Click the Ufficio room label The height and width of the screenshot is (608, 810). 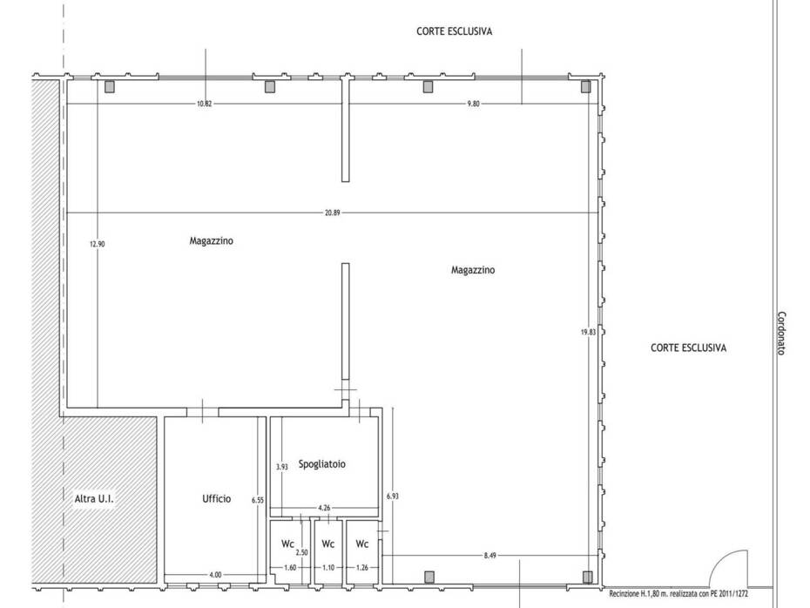(x=217, y=498)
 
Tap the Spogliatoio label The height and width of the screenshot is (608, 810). (x=322, y=464)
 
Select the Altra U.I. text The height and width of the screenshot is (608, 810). (x=94, y=499)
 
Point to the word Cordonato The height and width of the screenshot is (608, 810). (x=781, y=334)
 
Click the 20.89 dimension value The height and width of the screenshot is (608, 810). (x=333, y=213)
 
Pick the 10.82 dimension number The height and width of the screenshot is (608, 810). (x=204, y=104)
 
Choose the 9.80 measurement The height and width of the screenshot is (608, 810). (x=473, y=104)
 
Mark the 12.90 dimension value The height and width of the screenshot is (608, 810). (x=98, y=244)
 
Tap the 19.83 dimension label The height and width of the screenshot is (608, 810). (x=589, y=332)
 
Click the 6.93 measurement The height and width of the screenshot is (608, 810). (x=393, y=496)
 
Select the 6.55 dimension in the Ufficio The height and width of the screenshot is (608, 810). (x=258, y=500)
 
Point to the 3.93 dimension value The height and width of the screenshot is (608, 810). (x=281, y=467)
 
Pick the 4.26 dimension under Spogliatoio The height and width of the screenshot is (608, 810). (x=324, y=508)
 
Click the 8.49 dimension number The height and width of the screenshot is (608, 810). (x=489, y=556)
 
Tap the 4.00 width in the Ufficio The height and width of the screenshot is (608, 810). (x=215, y=574)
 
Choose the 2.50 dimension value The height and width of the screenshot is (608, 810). (x=301, y=552)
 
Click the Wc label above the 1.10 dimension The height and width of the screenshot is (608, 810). (x=328, y=544)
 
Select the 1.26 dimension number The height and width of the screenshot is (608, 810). (x=362, y=567)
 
